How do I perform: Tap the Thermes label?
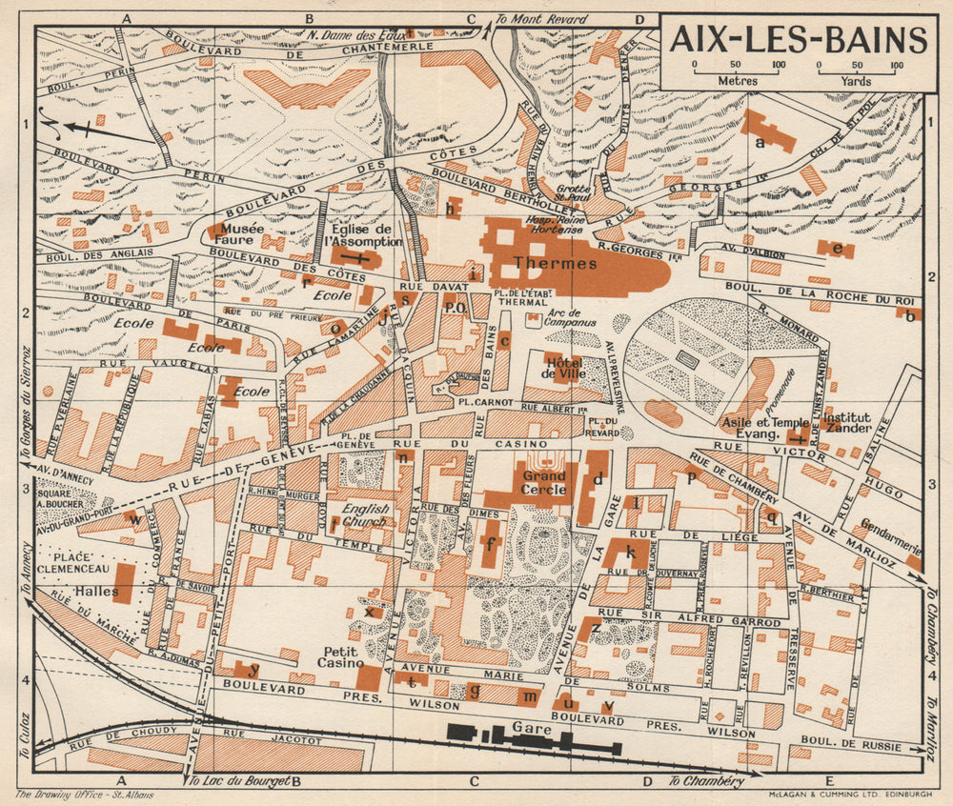541,262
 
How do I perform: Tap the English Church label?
366,515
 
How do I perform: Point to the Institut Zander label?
847,423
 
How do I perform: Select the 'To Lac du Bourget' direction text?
238,781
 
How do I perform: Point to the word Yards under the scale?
857,81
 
